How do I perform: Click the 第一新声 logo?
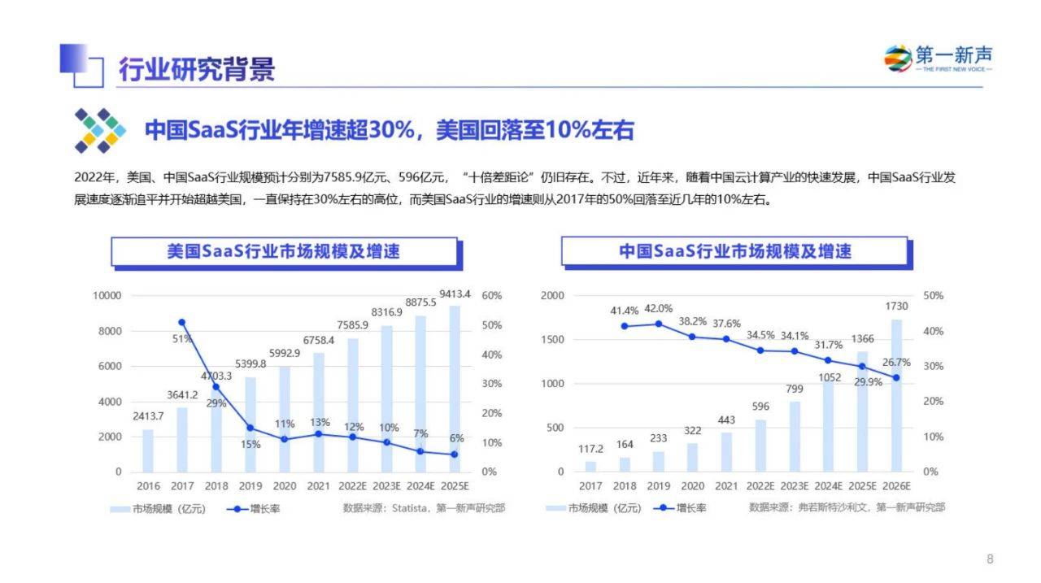[938, 59]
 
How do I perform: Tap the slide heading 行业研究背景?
[197, 69]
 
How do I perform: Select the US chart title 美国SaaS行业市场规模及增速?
[284, 251]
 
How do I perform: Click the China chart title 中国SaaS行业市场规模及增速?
[734, 251]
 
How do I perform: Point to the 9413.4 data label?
[455, 294]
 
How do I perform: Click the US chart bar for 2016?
[148, 450]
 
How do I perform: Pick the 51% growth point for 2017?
[181, 322]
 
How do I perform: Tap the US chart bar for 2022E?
[352, 405]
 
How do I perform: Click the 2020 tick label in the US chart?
[285, 486]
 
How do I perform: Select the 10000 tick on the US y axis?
[107, 296]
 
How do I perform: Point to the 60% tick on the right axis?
[492, 296]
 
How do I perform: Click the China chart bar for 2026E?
[896, 396]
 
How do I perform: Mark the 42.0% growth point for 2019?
[659, 324]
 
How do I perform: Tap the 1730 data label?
[896, 306]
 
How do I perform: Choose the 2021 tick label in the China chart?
[726, 486]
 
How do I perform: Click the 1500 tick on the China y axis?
[552, 340]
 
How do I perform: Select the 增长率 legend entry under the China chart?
[680, 508]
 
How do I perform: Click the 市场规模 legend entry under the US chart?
[158, 509]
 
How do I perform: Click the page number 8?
[990, 559]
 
